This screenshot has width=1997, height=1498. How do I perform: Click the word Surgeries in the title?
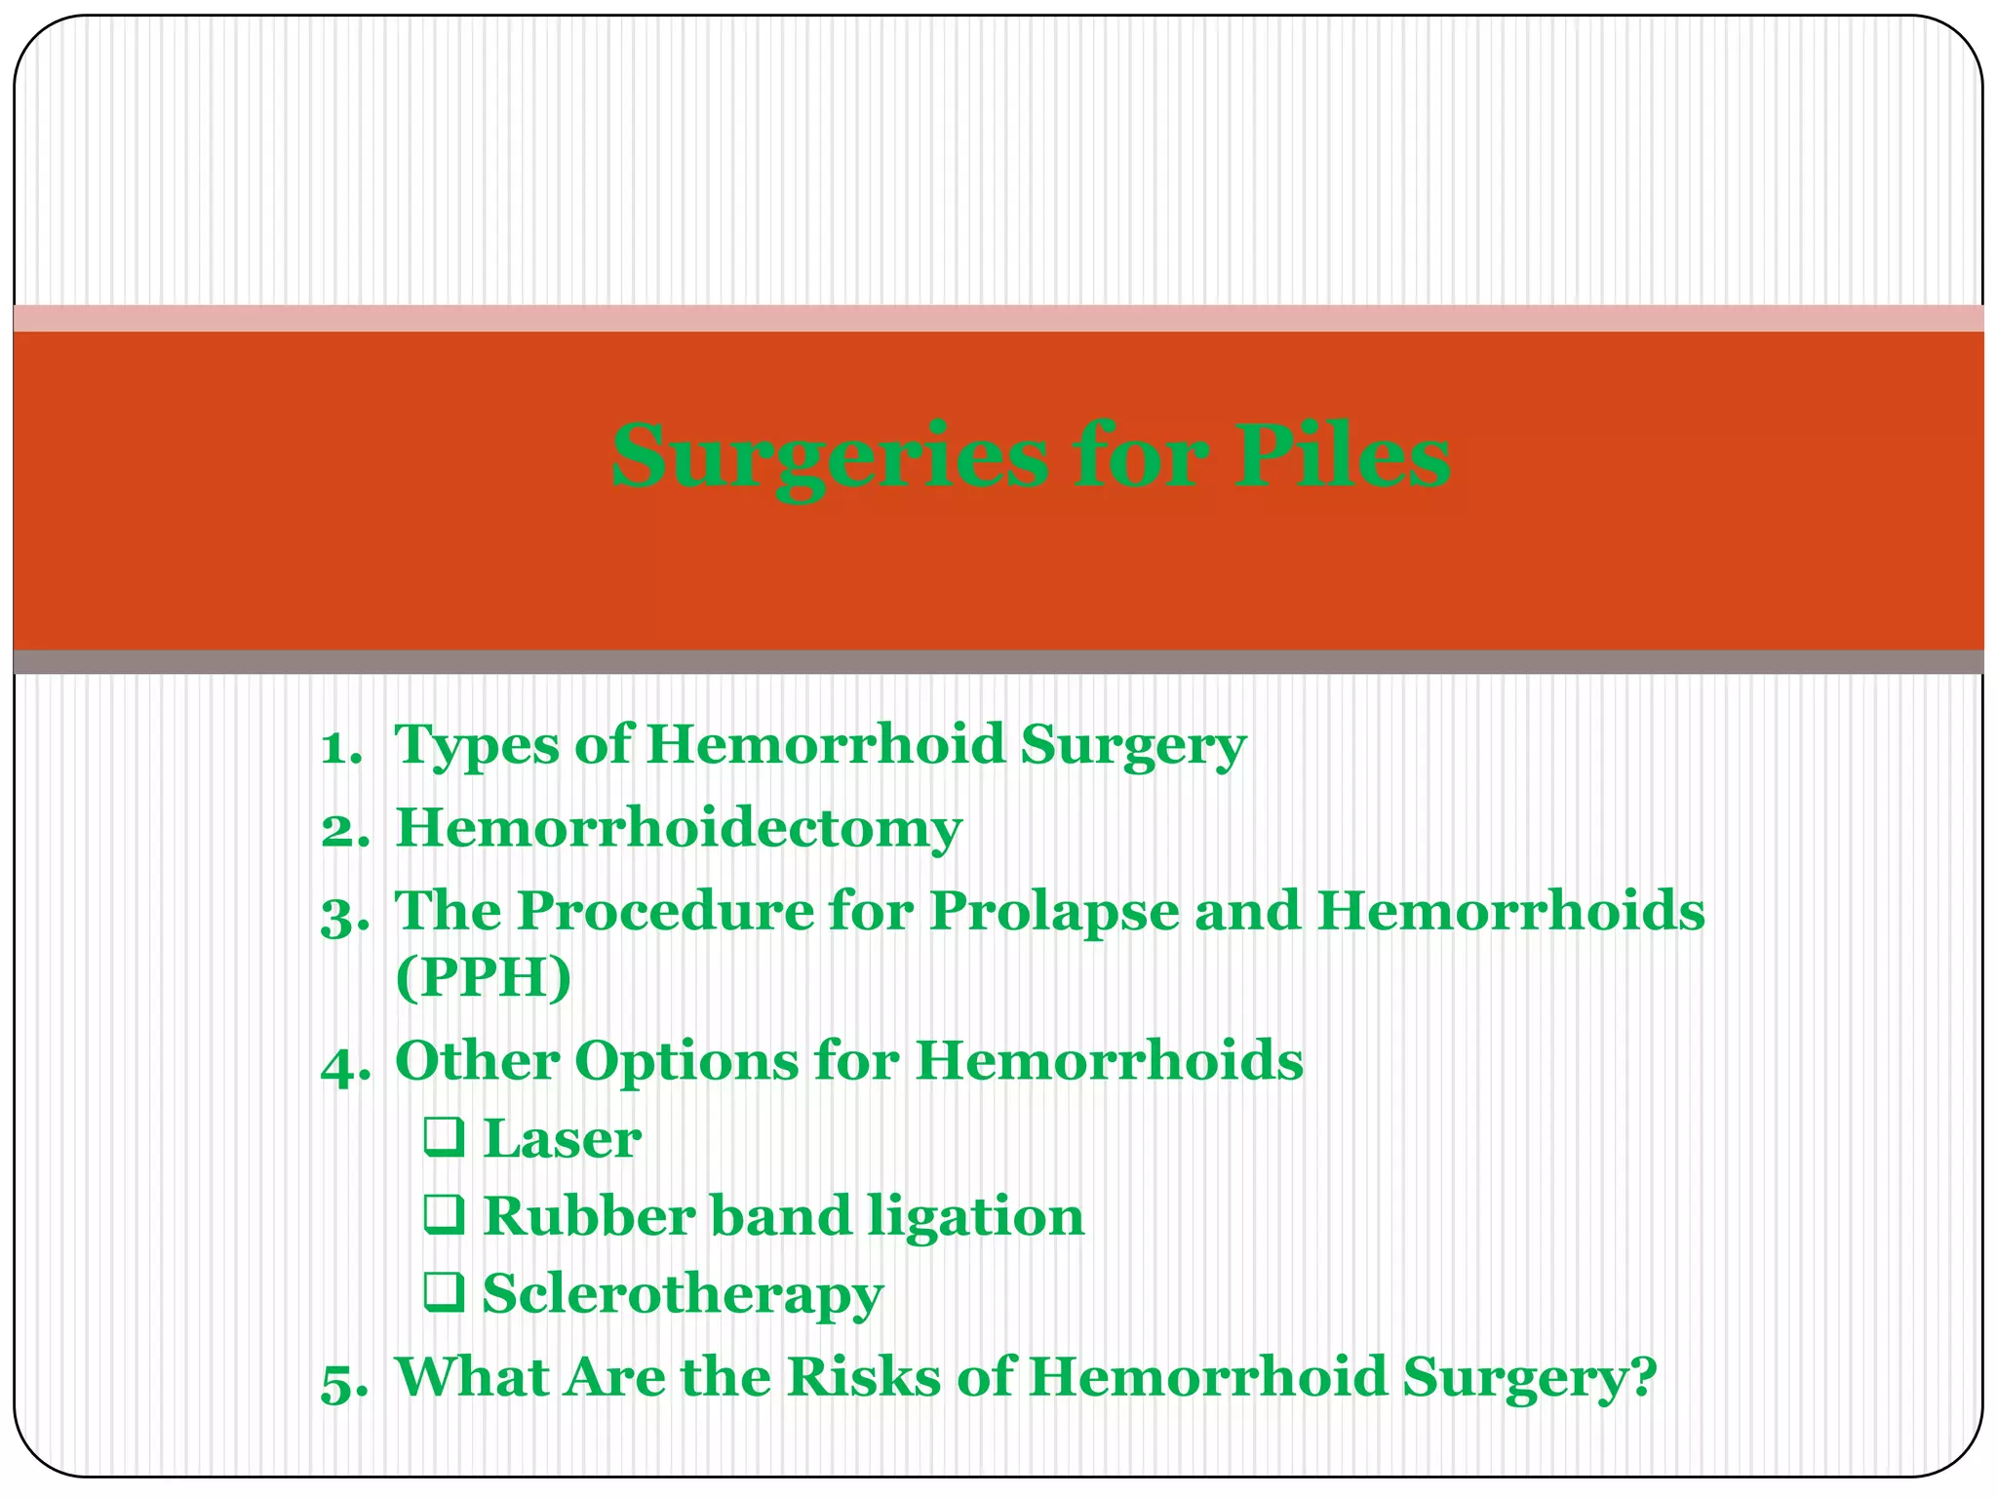pyautogui.click(x=830, y=456)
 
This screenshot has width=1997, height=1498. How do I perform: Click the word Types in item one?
pyautogui.click(x=475, y=747)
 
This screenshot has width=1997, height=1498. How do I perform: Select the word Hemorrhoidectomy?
pyautogui.click(x=679, y=830)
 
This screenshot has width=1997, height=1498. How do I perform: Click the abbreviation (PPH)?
pyautogui.click(x=484, y=977)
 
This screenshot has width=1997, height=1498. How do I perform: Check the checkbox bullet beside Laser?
pyautogui.click(x=444, y=1138)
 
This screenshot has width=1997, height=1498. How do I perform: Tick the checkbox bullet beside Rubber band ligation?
pyautogui.click(x=444, y=1215)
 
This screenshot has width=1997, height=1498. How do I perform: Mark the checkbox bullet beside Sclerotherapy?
pyautogui.click(x=444, y=1292)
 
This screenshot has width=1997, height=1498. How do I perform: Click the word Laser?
pyautogui.click(x=563, y=1138)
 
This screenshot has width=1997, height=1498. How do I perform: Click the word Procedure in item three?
pyautogui.click(x=664, y=913)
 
